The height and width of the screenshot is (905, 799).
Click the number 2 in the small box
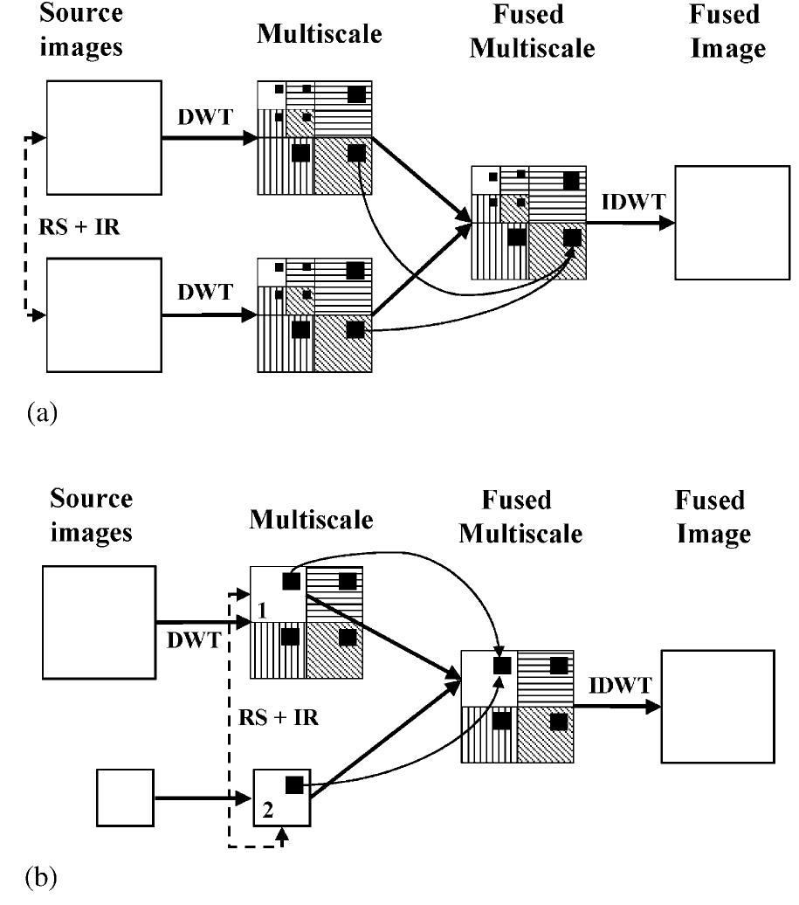pos(268,812)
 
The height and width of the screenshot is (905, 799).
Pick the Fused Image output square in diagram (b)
pos(718,708)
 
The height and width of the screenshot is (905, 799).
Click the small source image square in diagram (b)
pos(125,797)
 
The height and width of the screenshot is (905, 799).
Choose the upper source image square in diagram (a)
pos(101,135)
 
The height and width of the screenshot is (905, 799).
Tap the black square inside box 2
pos(294,784)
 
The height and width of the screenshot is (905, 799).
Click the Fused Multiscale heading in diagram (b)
pos(520,516)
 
